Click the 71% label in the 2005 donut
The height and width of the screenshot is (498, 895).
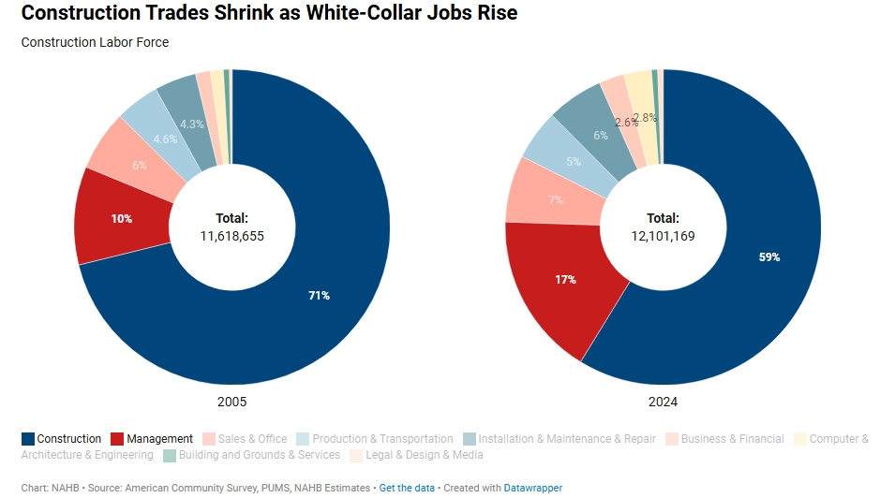319,295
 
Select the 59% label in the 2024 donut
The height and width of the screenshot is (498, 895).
769,256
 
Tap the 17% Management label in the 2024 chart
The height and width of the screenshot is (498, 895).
565,279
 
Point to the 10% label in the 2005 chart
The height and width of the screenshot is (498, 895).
122,218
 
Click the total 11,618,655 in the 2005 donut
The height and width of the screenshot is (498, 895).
231,236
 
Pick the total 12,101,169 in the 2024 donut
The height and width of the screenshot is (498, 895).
663,236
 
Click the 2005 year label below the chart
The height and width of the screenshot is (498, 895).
231,402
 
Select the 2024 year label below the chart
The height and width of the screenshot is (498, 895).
663,402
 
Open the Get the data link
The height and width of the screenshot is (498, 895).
407,488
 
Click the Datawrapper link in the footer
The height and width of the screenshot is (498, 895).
532,488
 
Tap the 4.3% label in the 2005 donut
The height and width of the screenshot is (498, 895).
192,124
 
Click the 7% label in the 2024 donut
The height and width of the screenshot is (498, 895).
556,199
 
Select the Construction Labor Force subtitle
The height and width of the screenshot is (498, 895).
95,42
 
